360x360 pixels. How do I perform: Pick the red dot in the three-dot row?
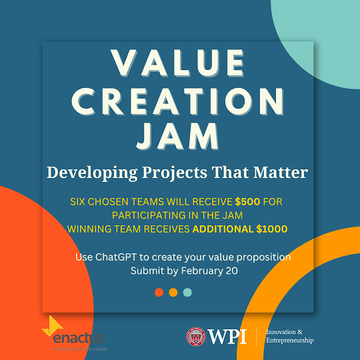pos(159,292)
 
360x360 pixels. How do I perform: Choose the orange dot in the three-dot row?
pos(173,292)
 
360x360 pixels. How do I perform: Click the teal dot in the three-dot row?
pos(187,292)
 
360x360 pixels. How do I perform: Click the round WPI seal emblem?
pos(196,337)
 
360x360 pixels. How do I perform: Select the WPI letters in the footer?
pos(227,336)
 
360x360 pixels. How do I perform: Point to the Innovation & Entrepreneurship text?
pos(289,336)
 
